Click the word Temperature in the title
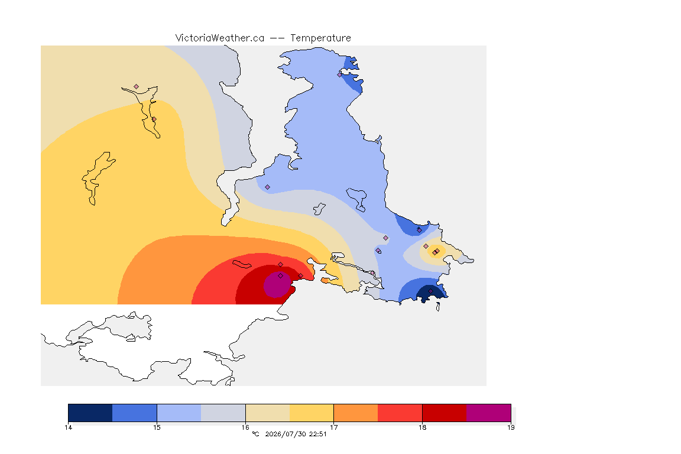tap(320, 38)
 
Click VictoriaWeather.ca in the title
tap(220, 38)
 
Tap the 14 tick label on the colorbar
tap(68, 427)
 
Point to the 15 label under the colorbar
tap(157, 427)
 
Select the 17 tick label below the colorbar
tap(333, 427)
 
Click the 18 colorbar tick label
tap(422, 427)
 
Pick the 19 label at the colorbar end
tap(511, 427)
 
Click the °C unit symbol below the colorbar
tap(255, 434)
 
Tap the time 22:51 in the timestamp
tap(317, 434)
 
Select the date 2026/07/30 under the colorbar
tap(285, 434)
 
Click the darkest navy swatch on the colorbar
tap(90, 413)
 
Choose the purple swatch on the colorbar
tap(489, 413)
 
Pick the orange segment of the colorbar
tap(356, 413)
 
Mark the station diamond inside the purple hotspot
tap(281, 276)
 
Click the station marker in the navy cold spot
tap(430, 291)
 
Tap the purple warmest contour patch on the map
tap(277, 284)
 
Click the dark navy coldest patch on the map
tap(431, 293)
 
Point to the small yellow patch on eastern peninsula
tap(436, 251)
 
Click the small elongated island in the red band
tap(242, 264)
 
